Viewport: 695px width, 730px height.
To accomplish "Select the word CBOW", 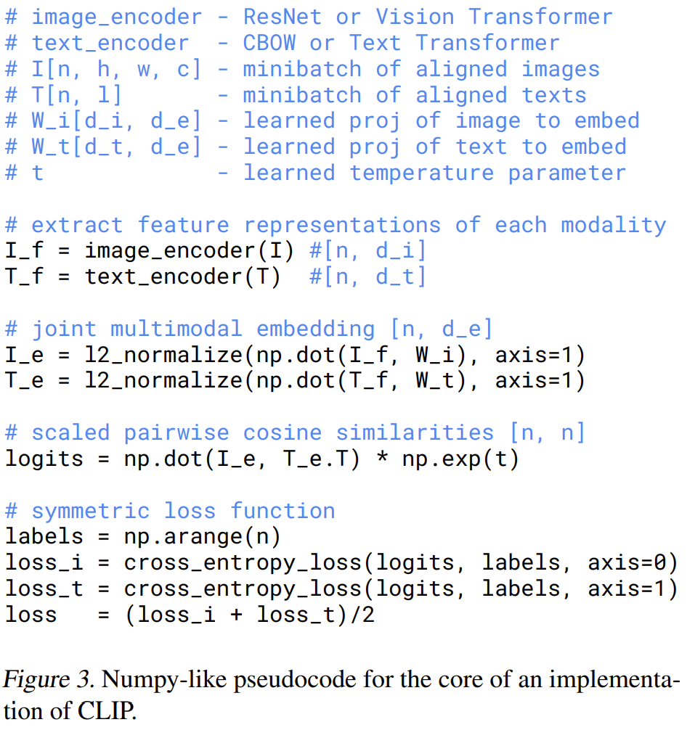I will coord(269,43).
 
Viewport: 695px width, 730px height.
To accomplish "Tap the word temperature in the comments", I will coord(421,173).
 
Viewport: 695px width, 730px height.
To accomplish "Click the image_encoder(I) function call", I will coord(190,251).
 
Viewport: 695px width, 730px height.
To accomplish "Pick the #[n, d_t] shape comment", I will coord(367,277).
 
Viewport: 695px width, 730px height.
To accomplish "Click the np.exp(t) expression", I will coord(460,459).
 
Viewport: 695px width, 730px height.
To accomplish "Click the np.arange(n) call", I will coord(203,537).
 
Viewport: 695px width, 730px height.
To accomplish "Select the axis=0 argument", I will coord(633,563).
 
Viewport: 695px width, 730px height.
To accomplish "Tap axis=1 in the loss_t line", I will coord(633,589).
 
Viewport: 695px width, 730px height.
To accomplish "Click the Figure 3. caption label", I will coord(49,681).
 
